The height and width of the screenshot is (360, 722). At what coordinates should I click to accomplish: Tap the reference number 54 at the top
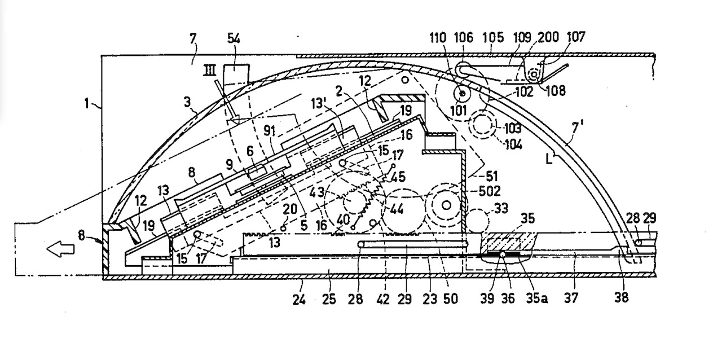pyautogui.click(x=235, y=38)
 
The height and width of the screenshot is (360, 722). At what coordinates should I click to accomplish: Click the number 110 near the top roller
pyautogui.click(x=438, y=38)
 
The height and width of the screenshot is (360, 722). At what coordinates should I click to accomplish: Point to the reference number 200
pyautogui.click(x=548, y=37)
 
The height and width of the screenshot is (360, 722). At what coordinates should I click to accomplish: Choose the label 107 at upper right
pyautogui.click(x=576, y=37)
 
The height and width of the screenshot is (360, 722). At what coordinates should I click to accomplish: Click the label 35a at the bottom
pyautogui.click(x=538, y=298)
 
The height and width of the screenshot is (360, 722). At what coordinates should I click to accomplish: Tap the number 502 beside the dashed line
pyautogui.click(x=489, y=191)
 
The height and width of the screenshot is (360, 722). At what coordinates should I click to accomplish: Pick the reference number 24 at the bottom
pyautogui.click(x=300, y=298)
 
